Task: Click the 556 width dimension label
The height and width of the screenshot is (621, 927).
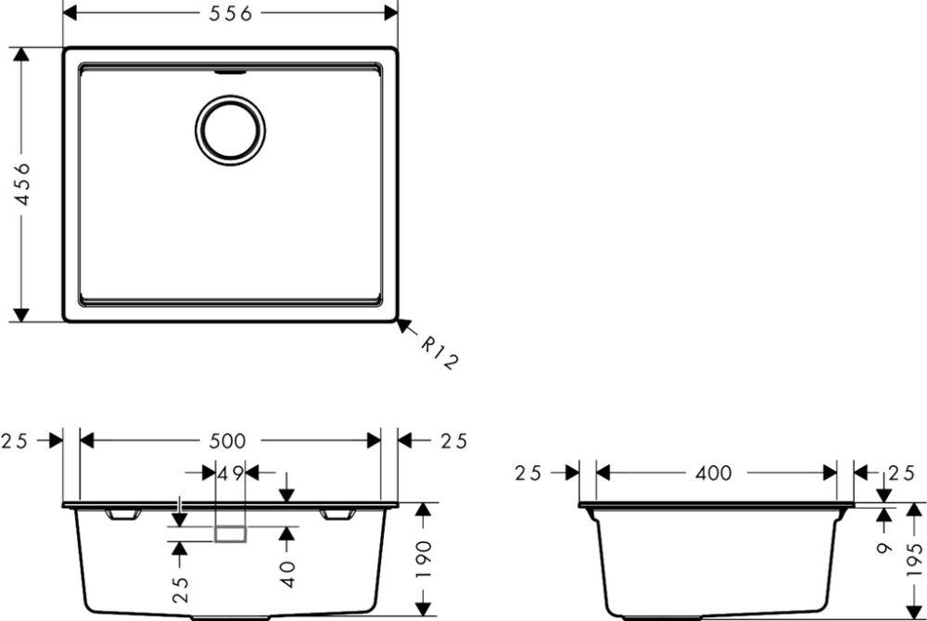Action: (x=230, y=13)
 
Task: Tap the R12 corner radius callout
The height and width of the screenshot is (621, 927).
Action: (x=438, y=353)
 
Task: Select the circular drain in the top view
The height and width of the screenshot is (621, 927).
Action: (x=230, y=129)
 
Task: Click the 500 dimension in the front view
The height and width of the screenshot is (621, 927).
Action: (x=230, y=440)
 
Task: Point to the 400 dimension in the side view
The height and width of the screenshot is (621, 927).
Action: (x=713, y=474)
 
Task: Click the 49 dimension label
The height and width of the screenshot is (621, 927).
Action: (x=230, y=473)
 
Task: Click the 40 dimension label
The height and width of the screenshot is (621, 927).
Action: (x=287, y=573)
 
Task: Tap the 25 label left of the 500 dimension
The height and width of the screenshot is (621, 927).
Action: (x=16, y=440)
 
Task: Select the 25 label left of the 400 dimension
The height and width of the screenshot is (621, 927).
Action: (x=528, y=474)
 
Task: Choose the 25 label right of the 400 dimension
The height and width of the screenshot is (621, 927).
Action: (x=898, y=474)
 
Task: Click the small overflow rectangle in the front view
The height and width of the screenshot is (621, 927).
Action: (x=230, y=533)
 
